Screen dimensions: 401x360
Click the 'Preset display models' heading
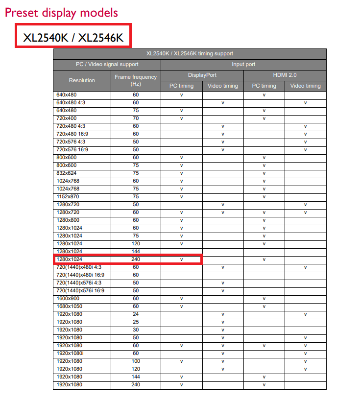click(x=61, y=12)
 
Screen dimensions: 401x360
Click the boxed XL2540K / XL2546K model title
click(x=73, y=37)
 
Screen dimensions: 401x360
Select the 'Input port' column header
click(x=243, y=64)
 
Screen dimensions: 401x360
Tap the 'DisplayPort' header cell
click(x=202, y=75)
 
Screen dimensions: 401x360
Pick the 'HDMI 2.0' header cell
click(x=285, y=75)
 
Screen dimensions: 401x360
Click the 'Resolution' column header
click(x=82, y=80)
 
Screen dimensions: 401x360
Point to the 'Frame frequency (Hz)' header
click(x=136, y=80)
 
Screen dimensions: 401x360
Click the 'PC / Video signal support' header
click(x=107, y=64)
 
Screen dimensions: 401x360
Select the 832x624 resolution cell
click(x=67, y=173)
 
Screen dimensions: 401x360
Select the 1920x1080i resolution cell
click(x=71, y=354)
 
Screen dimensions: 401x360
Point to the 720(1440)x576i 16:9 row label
click(x=80, y=291)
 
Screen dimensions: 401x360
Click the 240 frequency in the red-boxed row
click(x=136, y=259)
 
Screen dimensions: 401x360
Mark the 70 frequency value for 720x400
click(x=136, y=118)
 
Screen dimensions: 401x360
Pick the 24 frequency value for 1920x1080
click(x=136, y=314)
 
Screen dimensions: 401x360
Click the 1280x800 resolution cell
click(x=68, y=220)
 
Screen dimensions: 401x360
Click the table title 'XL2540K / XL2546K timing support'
click(x=190, y=53)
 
